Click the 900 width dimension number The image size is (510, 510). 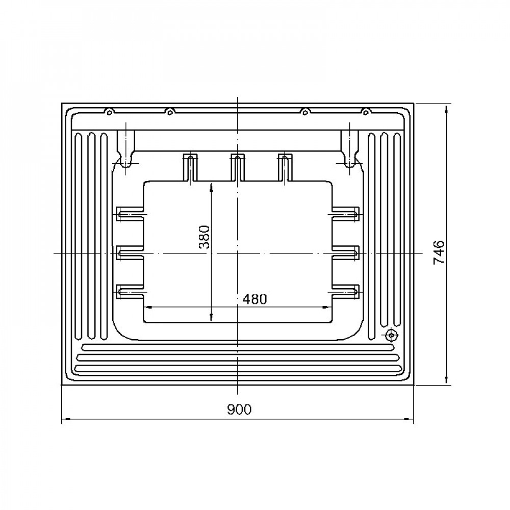pos(239,409)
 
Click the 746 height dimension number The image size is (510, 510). pos(439,252)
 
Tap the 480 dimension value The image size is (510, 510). pos(254,299)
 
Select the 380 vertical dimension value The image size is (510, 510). pos(205,237)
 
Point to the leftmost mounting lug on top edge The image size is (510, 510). pos(110,112)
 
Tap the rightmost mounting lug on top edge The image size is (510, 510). pos(366,112)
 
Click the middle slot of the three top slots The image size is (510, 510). pos(238,167)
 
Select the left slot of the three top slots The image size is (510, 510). pos(190,167)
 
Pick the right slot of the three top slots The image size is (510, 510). pos(285,167)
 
